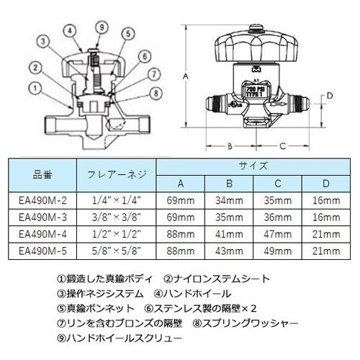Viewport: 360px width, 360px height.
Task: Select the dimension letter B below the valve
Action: (x=229, y=145)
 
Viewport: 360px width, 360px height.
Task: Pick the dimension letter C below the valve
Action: (x=282, y=145)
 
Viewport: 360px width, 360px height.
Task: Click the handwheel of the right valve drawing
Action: (x=255, y=47)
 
